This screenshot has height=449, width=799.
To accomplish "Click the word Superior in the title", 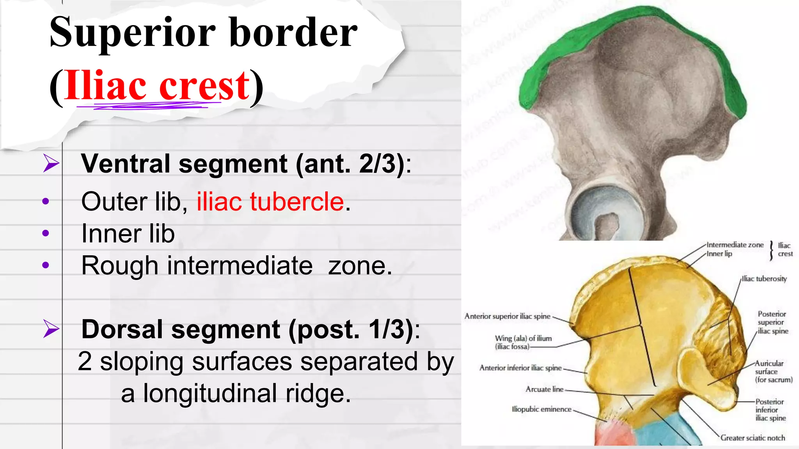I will tap(133, 33).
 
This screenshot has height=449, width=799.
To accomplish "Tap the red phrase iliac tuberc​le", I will tap(270, 202).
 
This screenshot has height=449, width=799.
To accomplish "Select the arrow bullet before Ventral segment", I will tap(51, 163).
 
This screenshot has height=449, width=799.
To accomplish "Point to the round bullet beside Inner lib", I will tap(46, 233).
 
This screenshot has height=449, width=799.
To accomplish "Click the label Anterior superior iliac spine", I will tap(507, 316).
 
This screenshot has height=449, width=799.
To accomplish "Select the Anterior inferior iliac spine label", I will tap(520, 368).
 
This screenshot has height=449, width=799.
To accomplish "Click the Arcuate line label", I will tap(544, 389).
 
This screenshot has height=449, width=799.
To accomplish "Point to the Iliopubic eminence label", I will tap(542, 409).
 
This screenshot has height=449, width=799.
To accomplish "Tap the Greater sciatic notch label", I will tap(753, 438).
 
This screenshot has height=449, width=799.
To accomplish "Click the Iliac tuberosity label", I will tap(764, 279).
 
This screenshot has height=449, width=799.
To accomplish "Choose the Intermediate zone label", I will tap(735, 245).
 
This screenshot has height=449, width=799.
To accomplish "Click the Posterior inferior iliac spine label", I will tap(770, 410).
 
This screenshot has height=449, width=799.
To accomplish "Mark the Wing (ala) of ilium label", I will tap(523, 342).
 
